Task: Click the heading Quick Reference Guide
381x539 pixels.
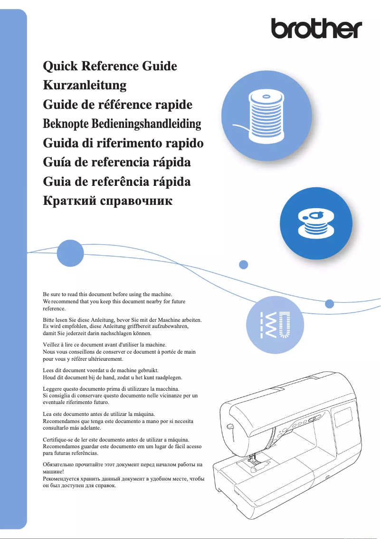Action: pyautogui.click(x=110, y=66)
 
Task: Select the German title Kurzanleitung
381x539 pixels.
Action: pyautogui.click(x=85, y=85)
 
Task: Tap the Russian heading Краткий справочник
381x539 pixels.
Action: pyautogui.click(x=107, y=201)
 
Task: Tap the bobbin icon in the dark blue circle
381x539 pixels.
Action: pyautogui.click(x=315, y=223)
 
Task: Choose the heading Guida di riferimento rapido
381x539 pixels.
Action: pyautogui.click(x=123, y=143)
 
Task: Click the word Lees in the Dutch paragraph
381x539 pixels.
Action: pyautogui.click(x=48, y=370)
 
